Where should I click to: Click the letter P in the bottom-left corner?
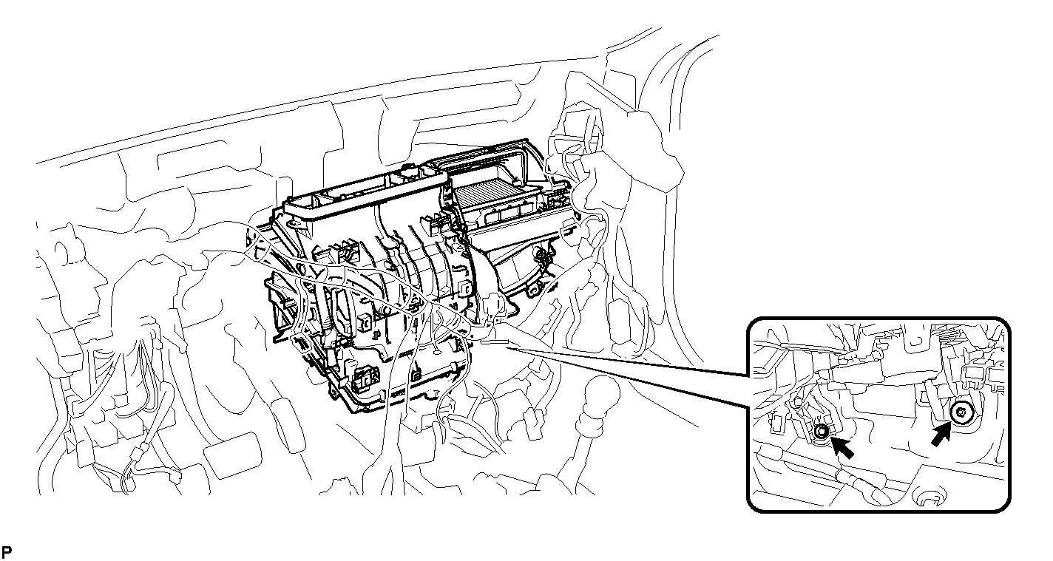[7, 552]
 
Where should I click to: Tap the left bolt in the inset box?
[822, 431]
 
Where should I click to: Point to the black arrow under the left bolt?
[842, 447]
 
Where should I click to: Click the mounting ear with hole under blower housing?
[533, 290]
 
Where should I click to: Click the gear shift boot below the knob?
[592, 426]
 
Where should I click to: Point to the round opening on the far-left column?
[63, 254]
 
